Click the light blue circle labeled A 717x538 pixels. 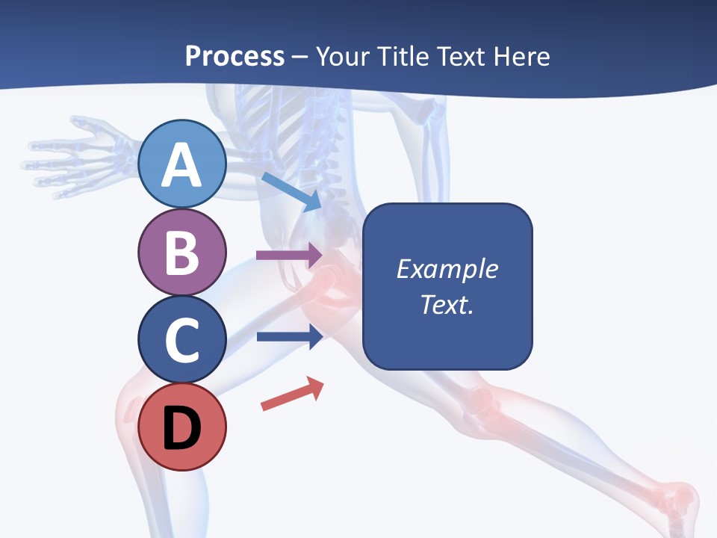pos(182,164)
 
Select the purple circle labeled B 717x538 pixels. pos(182,252)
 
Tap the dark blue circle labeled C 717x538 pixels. pos(182,339)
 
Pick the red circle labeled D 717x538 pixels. pos(182,427)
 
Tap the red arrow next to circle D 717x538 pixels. pos(292,394)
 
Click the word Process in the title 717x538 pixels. pos(235,56)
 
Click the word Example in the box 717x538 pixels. pos(447,269)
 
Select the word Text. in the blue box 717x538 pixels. pos(447,305)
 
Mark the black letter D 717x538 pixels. pos(182,428)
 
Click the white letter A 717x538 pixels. pos(182,165)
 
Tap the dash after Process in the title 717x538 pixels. pos(300,58)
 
